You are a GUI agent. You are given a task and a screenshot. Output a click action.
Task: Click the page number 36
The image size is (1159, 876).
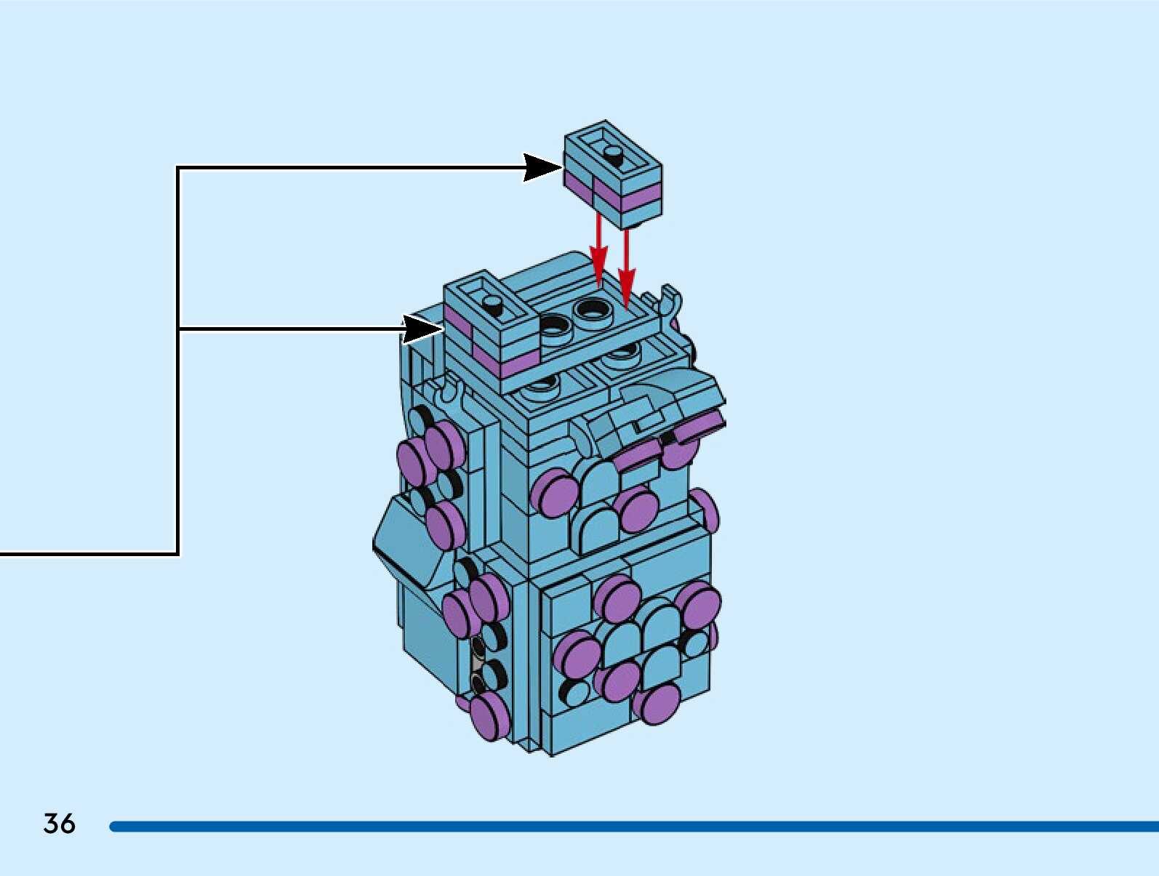tap(59, 823)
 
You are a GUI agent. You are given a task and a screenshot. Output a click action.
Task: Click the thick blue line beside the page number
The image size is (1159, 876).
tap(633, 826)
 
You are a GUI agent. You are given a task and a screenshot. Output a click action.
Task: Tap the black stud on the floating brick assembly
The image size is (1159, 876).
tap(613, 153)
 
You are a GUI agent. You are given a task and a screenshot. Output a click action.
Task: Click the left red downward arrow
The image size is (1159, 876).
tap(598, 251)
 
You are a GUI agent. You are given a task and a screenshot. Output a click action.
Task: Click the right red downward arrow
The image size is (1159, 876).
tap(626, 269)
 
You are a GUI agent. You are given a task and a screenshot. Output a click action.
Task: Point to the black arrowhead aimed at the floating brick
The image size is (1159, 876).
tap(541, 168)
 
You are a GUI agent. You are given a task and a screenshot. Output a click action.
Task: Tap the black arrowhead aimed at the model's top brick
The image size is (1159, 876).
tap(422, 329)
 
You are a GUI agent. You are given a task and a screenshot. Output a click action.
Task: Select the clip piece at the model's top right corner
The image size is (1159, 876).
tap(671, 300)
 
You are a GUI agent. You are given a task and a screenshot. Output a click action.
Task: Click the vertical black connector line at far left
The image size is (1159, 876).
tap(178, 363)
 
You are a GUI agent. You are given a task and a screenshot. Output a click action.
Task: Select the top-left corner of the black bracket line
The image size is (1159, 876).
tap(179, 169)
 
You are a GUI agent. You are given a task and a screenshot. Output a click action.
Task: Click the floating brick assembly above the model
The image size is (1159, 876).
tap(612, 174)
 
